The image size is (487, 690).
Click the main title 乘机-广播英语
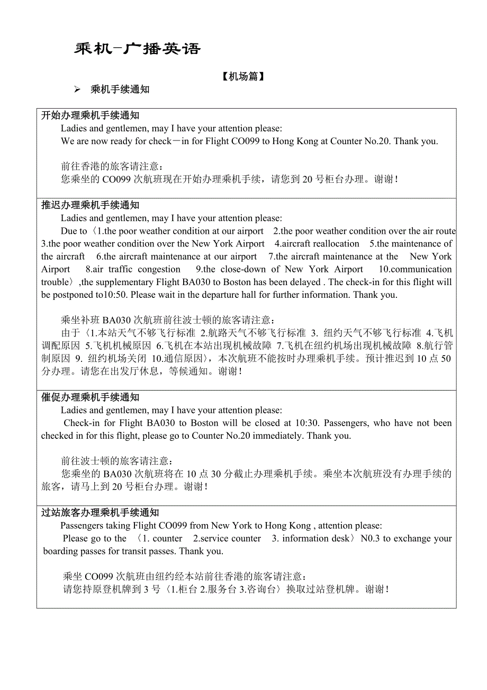[x=138, y=49]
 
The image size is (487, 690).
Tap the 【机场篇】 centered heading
[x=243, y=77]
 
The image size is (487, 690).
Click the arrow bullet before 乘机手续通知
[x=77, y=90]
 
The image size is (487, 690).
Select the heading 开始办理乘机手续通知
[x=91, y=116]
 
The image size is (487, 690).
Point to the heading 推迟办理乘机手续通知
[x=91, y=205]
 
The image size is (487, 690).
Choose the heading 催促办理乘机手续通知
[x=91, y=397]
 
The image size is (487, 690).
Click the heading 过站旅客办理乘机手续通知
[x=100, y=512]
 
